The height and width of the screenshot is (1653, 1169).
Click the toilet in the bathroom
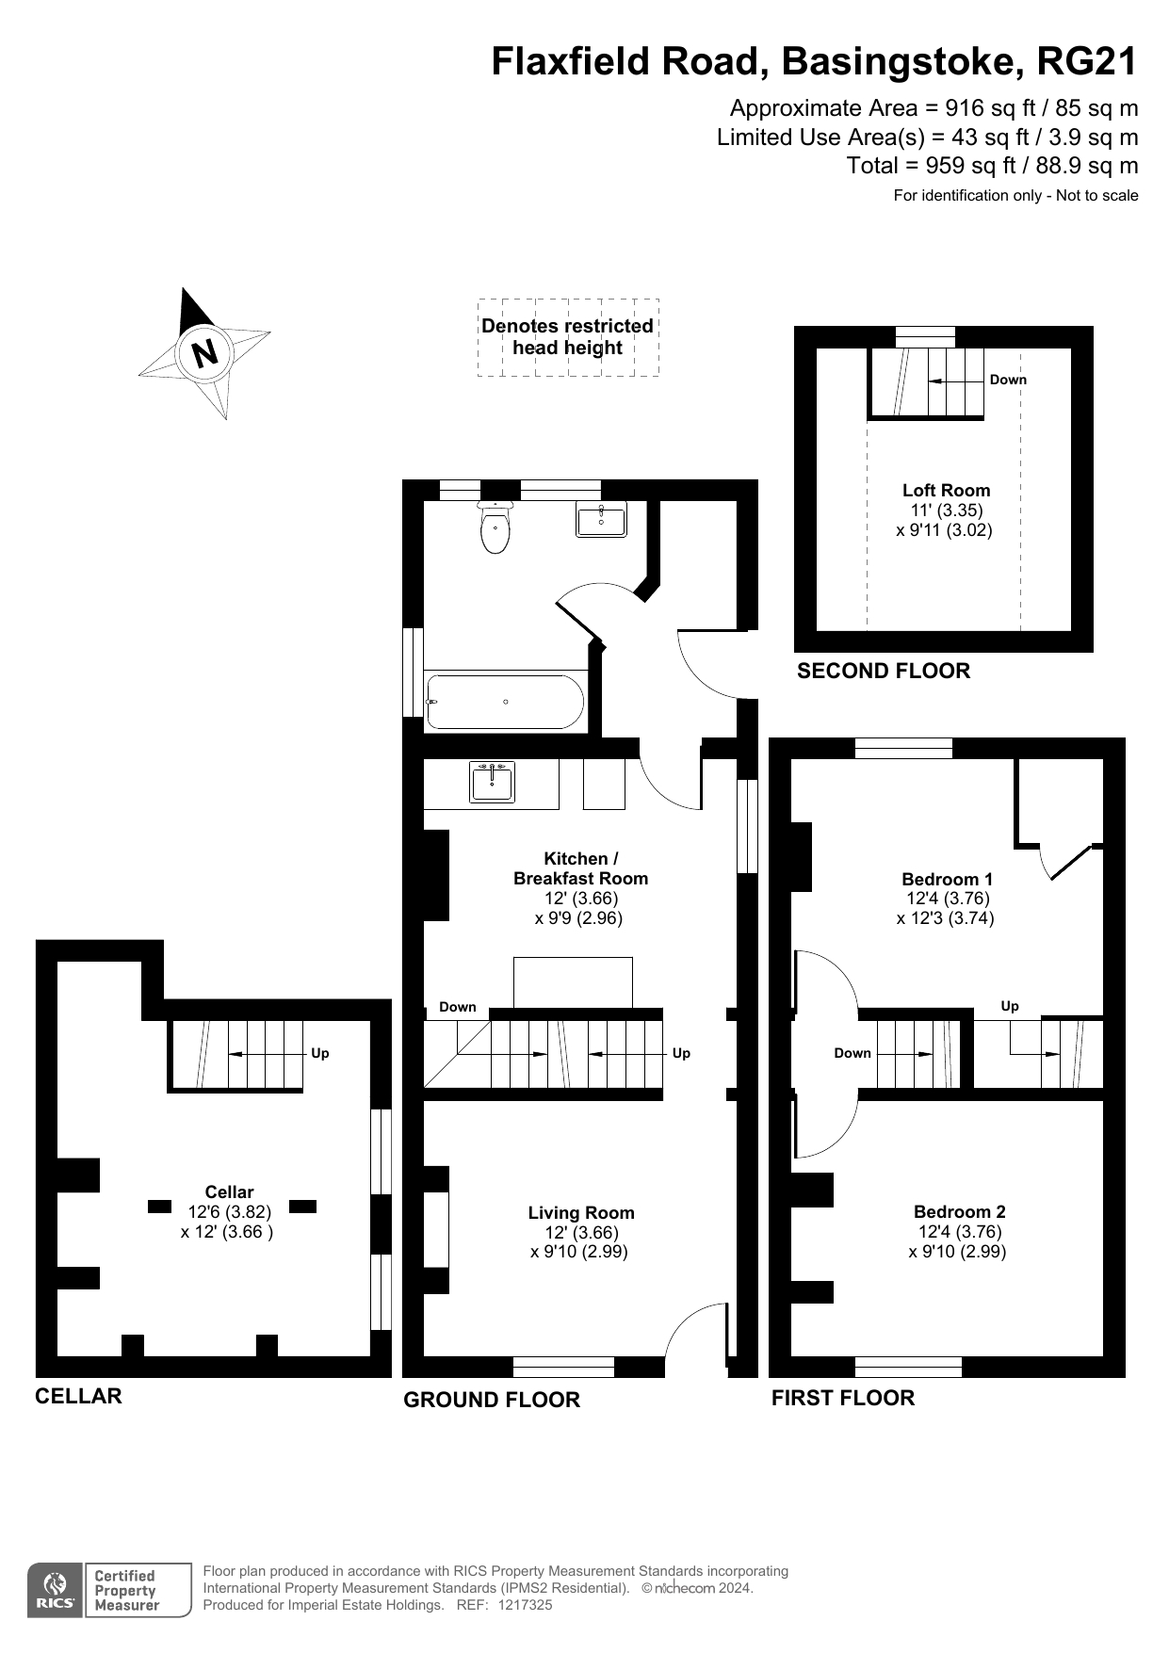point(495,527)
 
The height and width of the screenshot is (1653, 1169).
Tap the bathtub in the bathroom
point(505,702)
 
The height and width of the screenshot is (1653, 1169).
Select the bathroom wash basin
point(601,519)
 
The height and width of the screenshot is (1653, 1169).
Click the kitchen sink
point(493,783)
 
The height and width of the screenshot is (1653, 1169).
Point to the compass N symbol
point(204,352)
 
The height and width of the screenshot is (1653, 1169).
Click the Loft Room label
point(946,490)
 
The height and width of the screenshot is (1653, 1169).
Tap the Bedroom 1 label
point(947,879)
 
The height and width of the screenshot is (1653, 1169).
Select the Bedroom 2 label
point(959,1211)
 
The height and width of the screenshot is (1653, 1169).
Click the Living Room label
point(581,1212)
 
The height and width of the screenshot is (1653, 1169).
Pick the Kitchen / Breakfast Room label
point(581,868)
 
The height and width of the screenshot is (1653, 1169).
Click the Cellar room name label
point(229,1191)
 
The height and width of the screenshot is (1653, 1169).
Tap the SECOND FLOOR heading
point(884,671)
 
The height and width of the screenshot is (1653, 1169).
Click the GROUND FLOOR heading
point(492,1400)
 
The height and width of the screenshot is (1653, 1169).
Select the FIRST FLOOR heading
point(843,1398)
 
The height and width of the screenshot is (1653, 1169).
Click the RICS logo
point(55,1591)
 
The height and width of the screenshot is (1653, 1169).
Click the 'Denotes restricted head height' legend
point(568,337)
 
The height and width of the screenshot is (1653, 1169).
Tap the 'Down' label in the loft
point(1008,380)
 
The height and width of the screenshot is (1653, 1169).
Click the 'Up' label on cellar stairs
point(320,1053)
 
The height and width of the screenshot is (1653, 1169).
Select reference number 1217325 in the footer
point(525,1605)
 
